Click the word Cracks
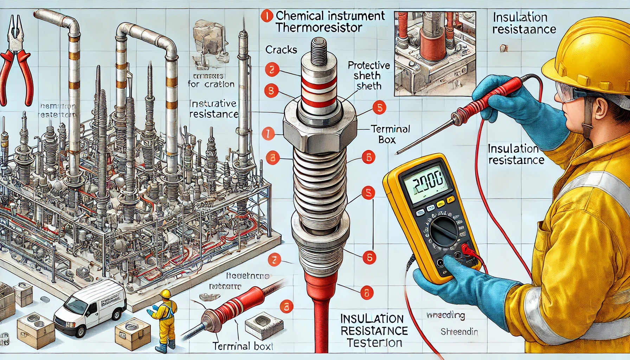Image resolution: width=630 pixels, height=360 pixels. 281,50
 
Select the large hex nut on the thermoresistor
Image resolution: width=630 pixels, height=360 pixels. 319,132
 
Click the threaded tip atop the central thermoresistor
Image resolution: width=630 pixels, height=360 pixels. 319,53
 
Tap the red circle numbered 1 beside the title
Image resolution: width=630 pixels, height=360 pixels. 267,16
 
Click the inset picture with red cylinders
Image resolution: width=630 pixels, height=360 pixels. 435,53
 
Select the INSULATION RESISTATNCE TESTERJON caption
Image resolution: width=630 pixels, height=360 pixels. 374,330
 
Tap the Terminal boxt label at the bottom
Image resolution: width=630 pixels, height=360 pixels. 243,346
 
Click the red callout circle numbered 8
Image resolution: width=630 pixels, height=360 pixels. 367,292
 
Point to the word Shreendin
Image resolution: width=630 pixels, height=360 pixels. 459,332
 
